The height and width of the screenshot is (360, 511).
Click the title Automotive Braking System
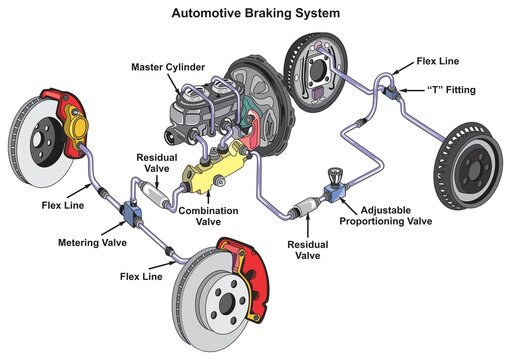coord(254,15)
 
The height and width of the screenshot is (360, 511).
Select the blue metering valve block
coord(130,213)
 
